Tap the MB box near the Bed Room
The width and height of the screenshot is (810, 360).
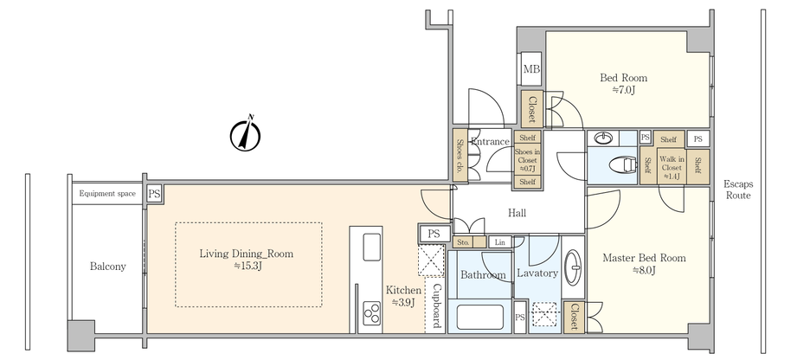530,69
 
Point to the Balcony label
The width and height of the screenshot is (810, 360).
108,267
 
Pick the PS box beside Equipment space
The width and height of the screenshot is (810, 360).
153,194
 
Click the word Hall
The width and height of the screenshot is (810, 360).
517,213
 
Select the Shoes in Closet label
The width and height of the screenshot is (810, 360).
526,159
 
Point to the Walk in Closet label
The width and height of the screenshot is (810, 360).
670,164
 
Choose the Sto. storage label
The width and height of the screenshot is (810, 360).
463,243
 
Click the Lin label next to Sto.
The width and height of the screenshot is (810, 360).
499,243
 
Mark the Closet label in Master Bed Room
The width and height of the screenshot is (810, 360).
574,317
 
